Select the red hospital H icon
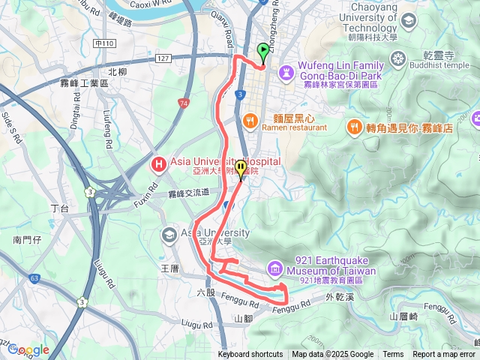(x=158, y=163)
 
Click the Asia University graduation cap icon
(x=169, y=235)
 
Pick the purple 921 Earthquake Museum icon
(x=275, y=268)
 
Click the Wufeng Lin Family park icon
(x=286, y=70)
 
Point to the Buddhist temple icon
(x=396, y=57)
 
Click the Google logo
(x=28, y=349)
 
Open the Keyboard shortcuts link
(x=250, y=355)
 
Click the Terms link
(x=393, y=355)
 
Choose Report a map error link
(x=445, y=355)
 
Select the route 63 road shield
(x=35, y=278)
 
